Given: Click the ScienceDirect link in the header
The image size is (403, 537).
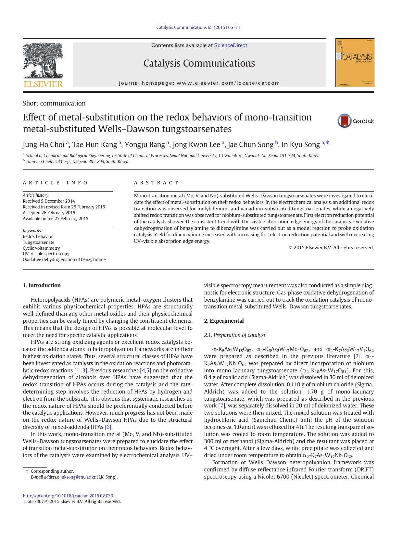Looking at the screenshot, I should coord(230,45).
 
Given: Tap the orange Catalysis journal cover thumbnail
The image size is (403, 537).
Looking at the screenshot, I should coord(355,63).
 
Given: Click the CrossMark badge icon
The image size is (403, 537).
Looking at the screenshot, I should coord(345,121).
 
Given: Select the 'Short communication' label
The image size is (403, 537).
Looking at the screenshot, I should coord(54,103).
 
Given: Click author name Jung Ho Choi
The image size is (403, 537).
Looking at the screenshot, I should coord(44,144).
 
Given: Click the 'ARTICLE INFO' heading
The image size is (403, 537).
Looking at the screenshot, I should coord(55,183).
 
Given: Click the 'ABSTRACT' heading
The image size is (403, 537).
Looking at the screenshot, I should coord(156,183).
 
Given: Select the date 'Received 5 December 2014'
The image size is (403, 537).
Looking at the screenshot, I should coord(49,201).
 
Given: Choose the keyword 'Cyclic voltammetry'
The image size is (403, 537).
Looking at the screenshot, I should coord(41,248).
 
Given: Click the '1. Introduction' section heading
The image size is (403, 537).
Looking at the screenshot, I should coord(42,285).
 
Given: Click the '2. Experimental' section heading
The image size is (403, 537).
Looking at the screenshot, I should coord(223,321).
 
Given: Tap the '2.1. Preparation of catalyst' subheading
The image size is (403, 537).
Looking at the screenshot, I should coord(234,335).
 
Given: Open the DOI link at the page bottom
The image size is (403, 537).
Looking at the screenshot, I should coord(68,496).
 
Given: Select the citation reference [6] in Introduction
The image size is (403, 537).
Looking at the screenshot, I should coord(108,427).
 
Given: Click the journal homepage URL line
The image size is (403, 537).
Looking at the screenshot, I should coord(199,83).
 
